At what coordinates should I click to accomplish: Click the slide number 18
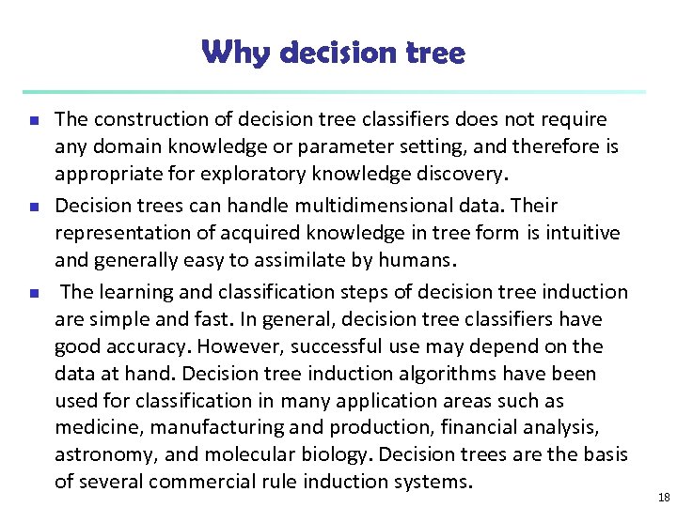(664, 498)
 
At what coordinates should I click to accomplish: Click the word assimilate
(282, 259)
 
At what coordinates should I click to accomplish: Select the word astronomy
(100, 455)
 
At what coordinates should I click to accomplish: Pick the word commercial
(213, 482)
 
